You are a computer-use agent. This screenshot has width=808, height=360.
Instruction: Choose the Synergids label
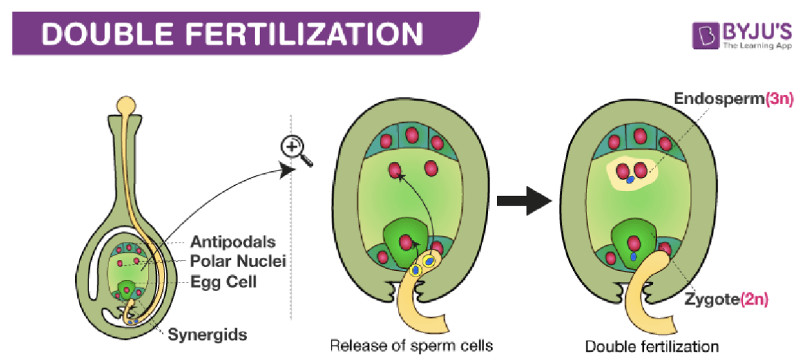coord(207,335)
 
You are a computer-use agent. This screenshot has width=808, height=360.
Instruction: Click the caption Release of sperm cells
coord(411,345)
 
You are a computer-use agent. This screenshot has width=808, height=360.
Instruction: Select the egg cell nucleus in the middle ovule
coord(407,242)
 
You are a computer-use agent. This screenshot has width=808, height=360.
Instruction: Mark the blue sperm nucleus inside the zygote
coord(633,257)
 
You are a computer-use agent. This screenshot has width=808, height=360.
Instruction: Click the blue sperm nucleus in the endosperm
coord(630,179)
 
